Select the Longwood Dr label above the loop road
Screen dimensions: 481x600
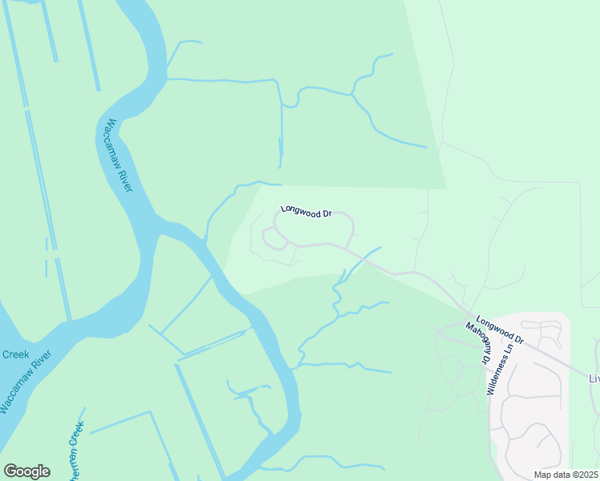click(x=306, y=212)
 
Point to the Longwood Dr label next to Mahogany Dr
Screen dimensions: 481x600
click(x=499, y=329)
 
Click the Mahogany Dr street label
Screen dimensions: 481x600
click(x=478, y=343)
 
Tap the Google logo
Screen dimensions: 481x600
click(x=26, y=471)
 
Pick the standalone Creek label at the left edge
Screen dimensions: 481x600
click(x=15, y=354)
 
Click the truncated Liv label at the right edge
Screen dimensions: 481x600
click(x=594, y=378)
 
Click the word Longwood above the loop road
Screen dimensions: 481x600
click(x=296, y=210)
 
